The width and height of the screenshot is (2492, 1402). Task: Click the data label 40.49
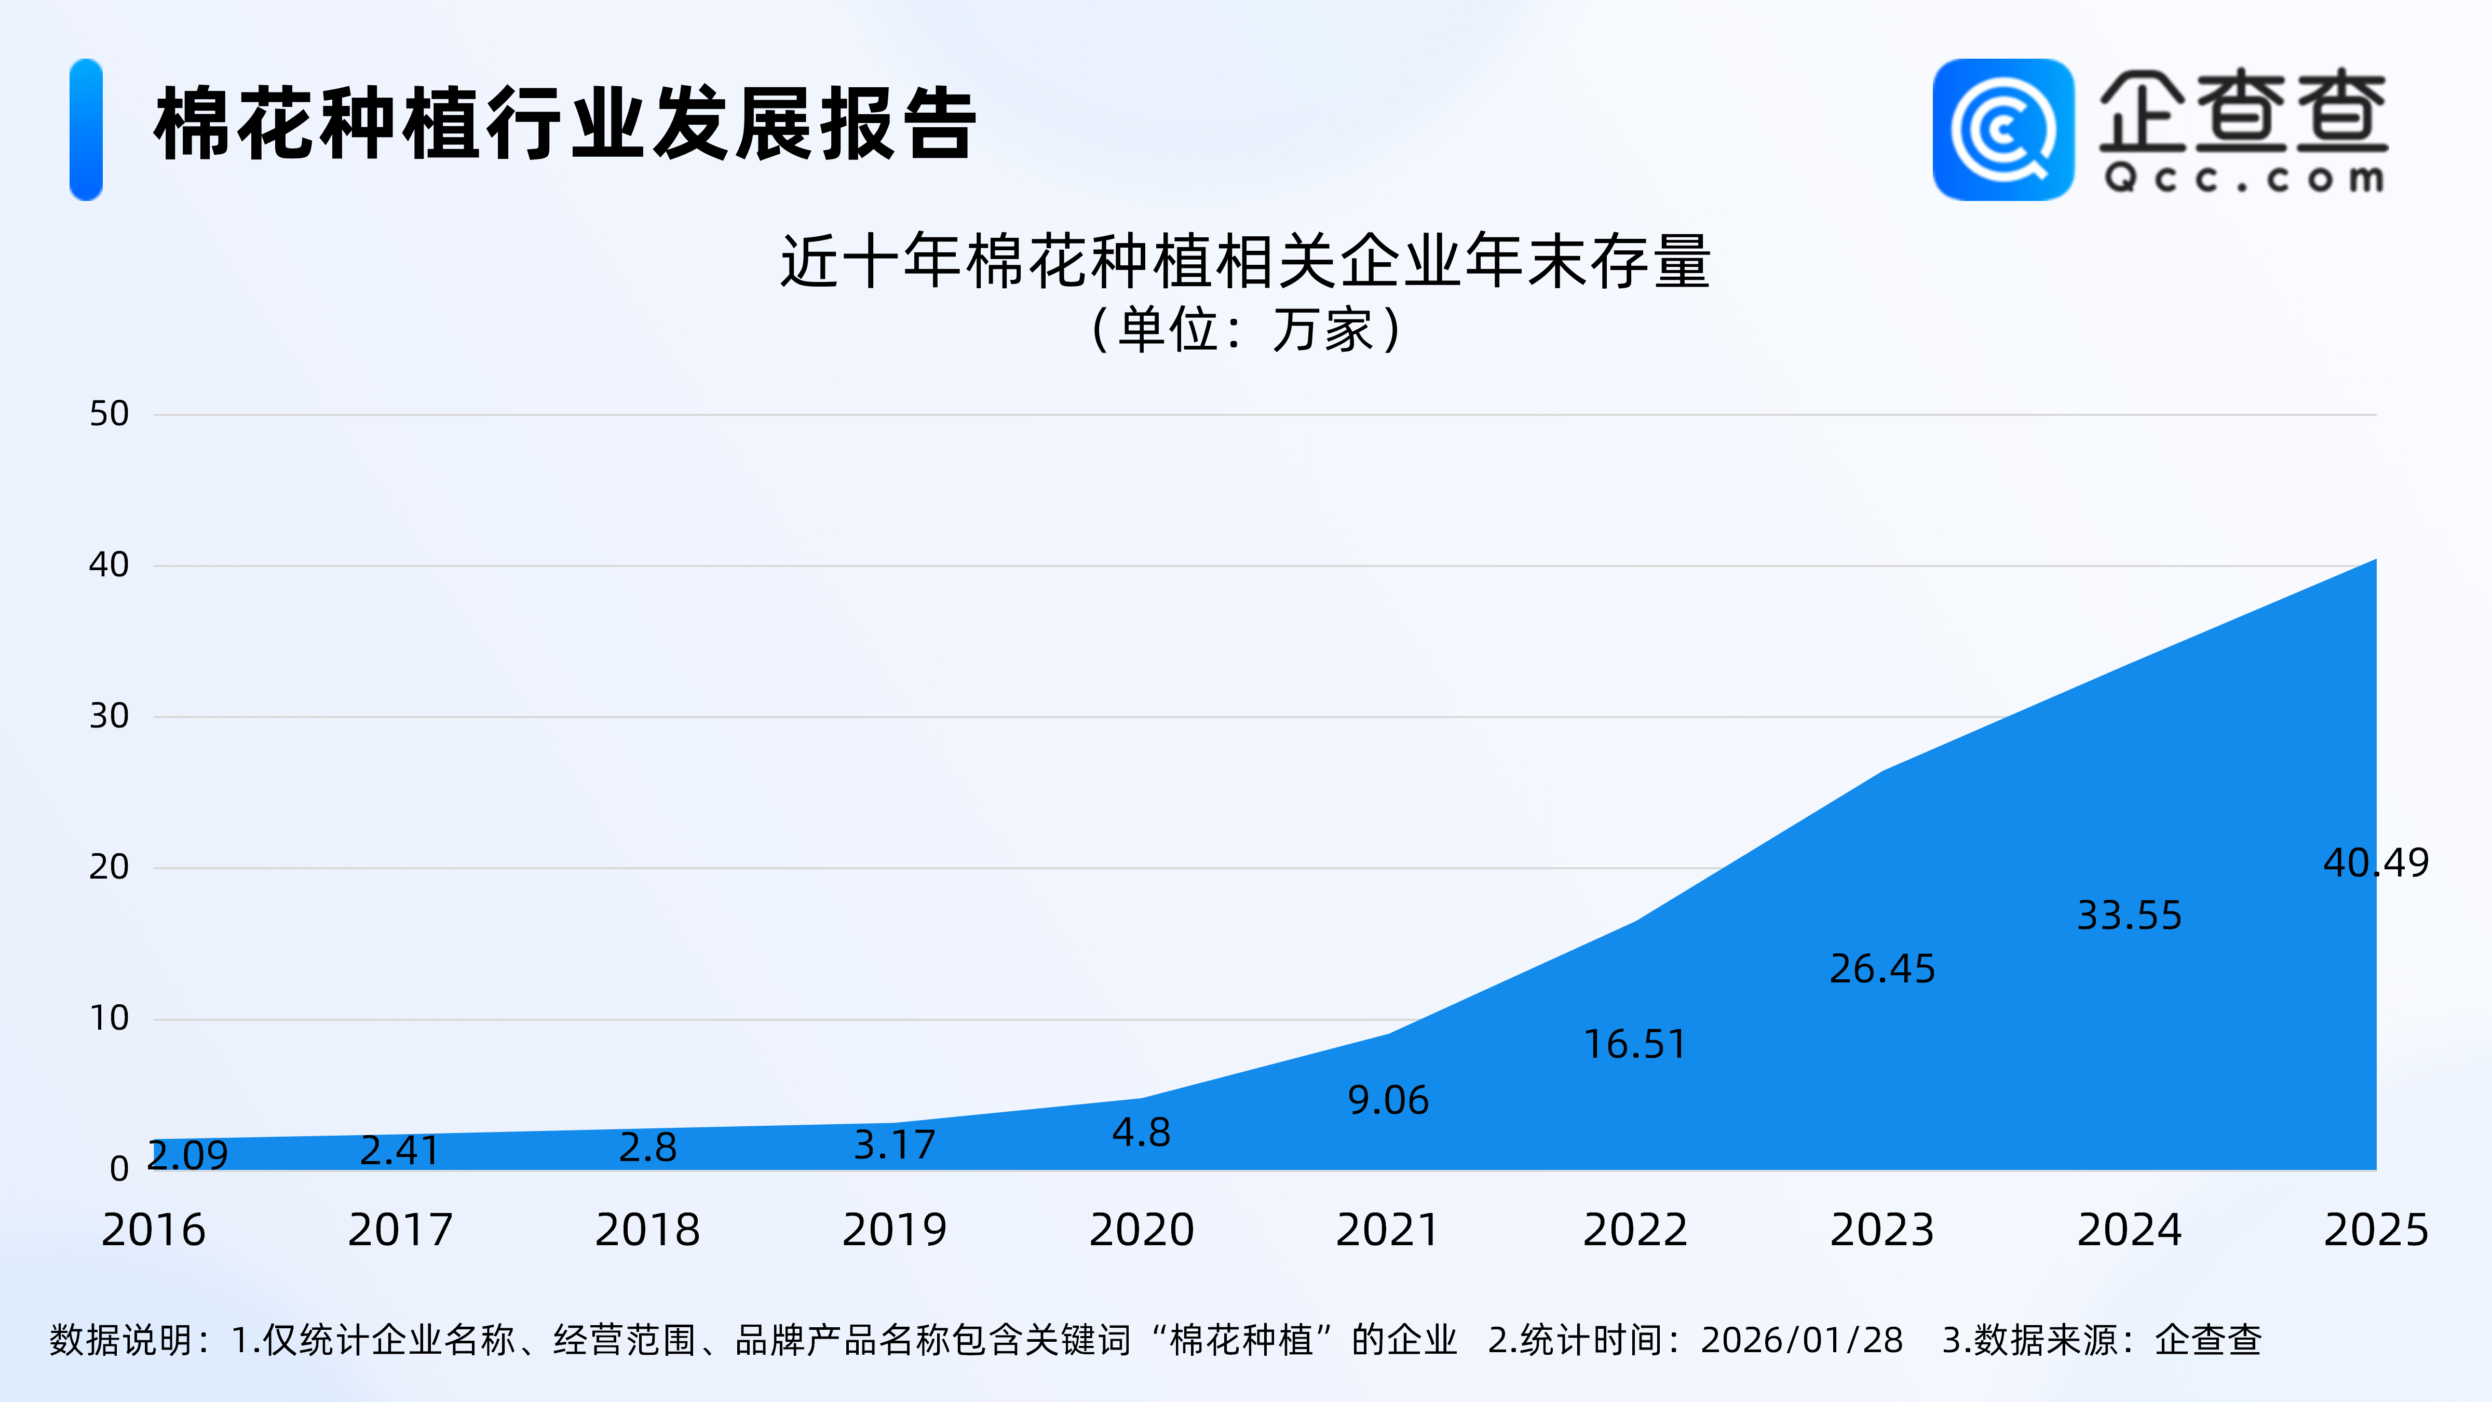[x=2375, y=862]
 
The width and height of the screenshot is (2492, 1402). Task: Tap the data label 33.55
[x=2129, y=915]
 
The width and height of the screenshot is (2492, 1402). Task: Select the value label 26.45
[x=1881, y=968]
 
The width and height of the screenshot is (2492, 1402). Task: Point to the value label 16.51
[x=1635, y=1044]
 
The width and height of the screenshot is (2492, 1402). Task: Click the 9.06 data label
[x=1388, y=1100]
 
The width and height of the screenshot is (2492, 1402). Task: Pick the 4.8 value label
[x=1142, y=1132]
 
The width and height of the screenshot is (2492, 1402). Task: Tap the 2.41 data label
[x=400, y=1151]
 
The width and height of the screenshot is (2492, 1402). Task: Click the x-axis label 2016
[x=154, y=1230]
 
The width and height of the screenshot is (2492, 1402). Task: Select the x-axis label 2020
[x=1142, y=1230]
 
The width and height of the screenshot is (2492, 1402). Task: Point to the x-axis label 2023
[x=1881, y=1230]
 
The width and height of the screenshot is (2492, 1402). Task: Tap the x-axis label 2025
[x=2375, y=1230]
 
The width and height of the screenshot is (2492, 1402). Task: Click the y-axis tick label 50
[x=110, y=414]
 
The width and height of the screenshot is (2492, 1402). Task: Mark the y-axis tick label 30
[x=110, y=716]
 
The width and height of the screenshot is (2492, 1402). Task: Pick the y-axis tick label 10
[x=110, y=1018]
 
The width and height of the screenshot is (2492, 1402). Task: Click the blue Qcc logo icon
[x=2002, y=130]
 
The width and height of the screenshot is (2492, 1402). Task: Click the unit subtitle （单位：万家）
[x=1246, y=330]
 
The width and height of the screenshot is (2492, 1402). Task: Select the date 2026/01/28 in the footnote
[x=1802, y=1340]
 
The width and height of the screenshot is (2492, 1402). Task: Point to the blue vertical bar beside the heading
[x=86, y=130]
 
